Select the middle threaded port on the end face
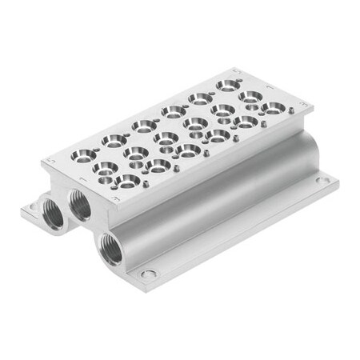point(80,206)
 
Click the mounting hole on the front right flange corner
point(149,275)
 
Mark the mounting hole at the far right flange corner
point(322,181)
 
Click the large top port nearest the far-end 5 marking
point(226,84)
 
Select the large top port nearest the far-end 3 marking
point(272,106)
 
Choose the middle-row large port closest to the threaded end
point(106,167)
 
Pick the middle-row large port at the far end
point(250,96)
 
